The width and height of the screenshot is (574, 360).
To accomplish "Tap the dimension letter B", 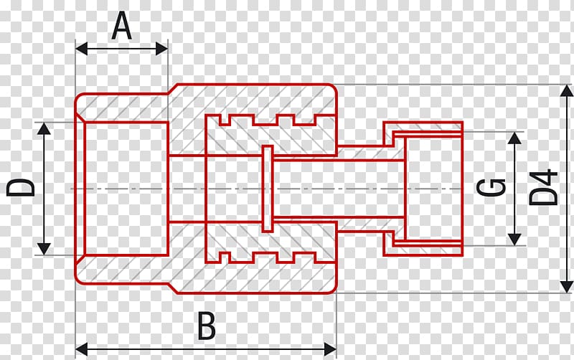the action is click(207, 326).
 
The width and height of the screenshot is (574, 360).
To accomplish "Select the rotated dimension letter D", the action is click(21, 187).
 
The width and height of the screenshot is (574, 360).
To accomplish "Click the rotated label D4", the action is click(544, 186).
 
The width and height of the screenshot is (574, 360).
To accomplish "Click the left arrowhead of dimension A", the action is click(82, 48).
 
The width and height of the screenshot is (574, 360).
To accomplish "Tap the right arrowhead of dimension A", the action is click(161, 48).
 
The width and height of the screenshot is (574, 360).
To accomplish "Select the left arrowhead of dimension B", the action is click(82, 349).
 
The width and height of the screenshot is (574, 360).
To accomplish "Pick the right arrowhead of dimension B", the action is click(330, 349).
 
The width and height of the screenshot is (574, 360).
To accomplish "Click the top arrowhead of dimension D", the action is click(44, 128).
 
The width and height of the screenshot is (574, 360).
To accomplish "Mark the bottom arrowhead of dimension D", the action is click(44, 249).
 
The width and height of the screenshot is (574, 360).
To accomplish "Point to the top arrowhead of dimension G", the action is click(514, 138).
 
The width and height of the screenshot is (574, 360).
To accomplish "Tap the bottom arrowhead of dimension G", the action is click(514, 240).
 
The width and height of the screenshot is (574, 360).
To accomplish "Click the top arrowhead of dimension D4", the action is click(567, 91).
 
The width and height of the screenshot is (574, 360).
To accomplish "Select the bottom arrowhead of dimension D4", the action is click(567, 286).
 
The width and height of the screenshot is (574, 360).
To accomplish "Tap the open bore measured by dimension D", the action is click(126, 189).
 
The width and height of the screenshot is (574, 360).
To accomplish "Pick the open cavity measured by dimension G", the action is click(434, 189).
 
